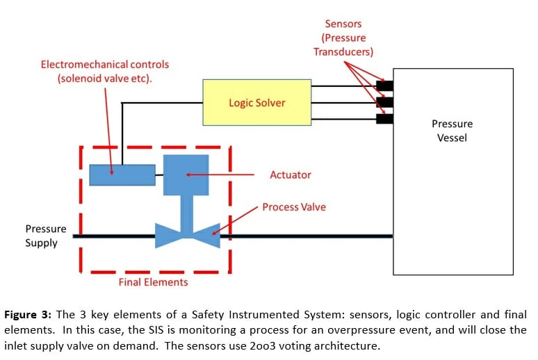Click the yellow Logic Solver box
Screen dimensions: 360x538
click(x=256, y=102)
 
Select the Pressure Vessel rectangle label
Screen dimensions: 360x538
click(x=452, y=131)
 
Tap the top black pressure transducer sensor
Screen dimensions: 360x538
click(x=384, y=86)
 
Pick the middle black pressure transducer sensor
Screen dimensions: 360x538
click(x=384, y=102)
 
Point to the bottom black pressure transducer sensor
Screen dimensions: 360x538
click(x=384, y=119)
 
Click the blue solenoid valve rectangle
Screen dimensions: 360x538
click(x=122, y=175)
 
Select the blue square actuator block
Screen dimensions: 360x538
click(x=186, y=174)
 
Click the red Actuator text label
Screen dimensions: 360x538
click(x=291, y=175)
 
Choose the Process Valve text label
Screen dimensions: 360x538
click(x=293, y=207)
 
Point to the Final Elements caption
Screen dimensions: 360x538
click(x=153, y=282)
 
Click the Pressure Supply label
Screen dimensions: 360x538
click(x=46, y=236)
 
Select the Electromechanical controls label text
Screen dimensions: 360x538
click(x=104, y=72)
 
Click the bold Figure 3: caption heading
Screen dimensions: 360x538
click(x=31, y=314)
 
